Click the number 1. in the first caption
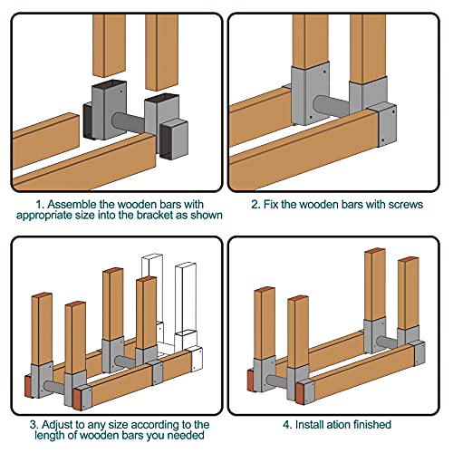tap(40, 205)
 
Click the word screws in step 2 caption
tap(406, 205)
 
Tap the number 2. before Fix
tap(255, 205)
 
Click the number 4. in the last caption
tap(287, 425)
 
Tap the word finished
tap(372, 425)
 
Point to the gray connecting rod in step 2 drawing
tap(332, 106)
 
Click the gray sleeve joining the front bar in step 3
tap(156, 373)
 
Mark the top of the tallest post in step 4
tap(375, 251)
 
